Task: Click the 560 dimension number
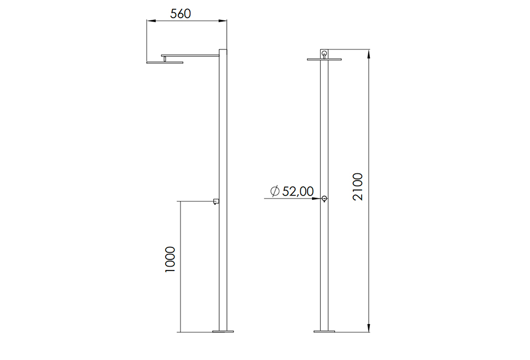[181, 14]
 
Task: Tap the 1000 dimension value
[170, 259]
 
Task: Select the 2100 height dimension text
[358, 187]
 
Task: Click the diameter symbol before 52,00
[275, 191]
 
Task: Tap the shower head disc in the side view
[164, 62]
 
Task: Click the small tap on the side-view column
[216, 201]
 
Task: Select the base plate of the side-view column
[223, 331]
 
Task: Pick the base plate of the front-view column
[324, 331]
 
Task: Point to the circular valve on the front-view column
[324, 199]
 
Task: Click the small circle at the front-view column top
[324, 54]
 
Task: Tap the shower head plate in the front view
[324, 59]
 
